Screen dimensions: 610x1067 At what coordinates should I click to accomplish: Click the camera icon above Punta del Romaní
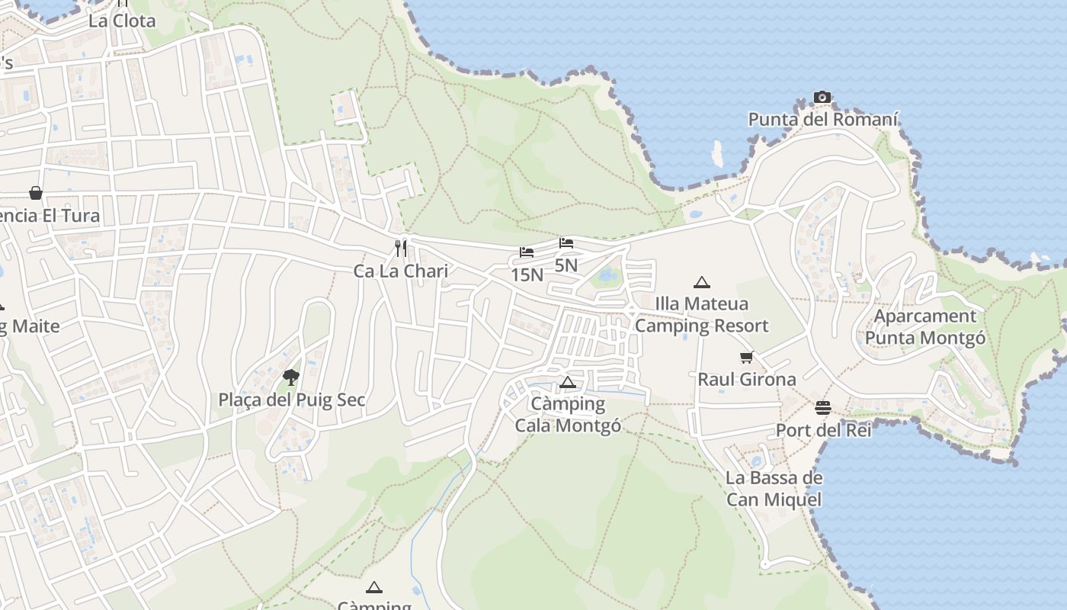pos(822,97)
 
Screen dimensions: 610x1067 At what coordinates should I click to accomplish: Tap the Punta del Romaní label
pos(823,120)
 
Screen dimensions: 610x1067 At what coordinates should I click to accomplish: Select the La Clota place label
pos(122,21)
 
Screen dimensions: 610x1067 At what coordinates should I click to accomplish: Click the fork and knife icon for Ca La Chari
pos(401,248)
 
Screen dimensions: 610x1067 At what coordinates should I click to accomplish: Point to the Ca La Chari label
pos(401,271)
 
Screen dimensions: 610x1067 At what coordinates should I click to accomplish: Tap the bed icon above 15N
pos(527,252)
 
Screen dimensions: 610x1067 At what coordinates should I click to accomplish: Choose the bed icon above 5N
pos(566,243)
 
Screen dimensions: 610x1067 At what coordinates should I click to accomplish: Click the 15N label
pos(527,274)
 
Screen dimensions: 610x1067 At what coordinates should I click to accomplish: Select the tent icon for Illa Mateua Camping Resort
pos(702,282)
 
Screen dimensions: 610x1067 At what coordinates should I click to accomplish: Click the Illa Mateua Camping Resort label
pos(702,315)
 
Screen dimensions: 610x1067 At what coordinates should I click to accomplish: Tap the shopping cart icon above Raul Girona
pos(747,357)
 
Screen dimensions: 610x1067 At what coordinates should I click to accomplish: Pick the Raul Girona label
pos(747,379)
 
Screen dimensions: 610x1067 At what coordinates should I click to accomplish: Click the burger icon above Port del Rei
pos(823,407)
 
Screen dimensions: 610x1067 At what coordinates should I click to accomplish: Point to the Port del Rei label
pos(823,430)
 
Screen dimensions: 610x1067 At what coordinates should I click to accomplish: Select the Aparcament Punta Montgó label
pos(925,326)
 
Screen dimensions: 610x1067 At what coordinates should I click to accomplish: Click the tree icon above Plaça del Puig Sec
pos(291,377)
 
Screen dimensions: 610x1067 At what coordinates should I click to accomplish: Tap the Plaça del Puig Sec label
pos(292,400)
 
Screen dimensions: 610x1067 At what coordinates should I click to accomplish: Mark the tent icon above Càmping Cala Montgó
pos(567,382)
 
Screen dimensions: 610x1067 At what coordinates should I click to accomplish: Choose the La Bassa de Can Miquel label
pos(774,489)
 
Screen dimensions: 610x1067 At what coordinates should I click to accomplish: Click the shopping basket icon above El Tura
pos(36,193)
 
